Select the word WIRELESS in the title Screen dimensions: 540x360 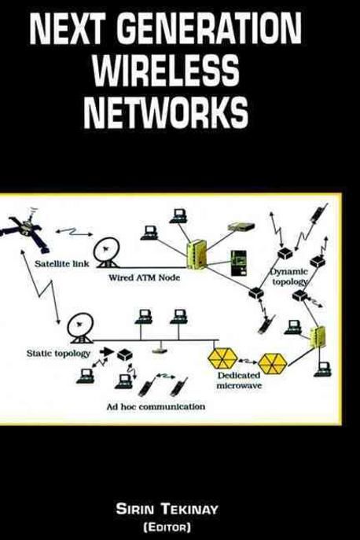coord(166,73)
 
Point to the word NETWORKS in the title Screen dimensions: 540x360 coord(166,114)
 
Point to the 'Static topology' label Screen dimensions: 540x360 coord(59,354)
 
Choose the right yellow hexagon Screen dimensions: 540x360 coord(273,362)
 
